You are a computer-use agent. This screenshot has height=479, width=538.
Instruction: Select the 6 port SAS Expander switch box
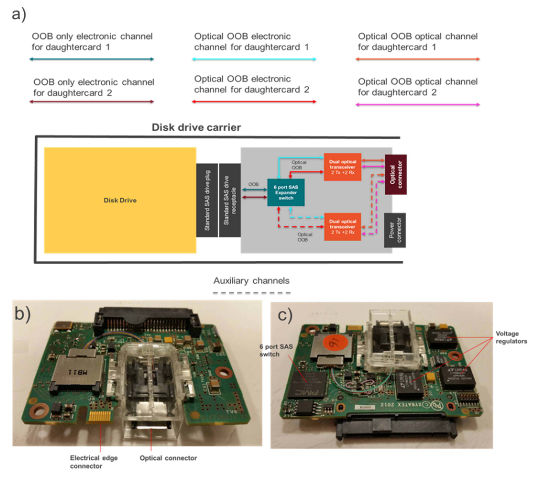pos(286,192)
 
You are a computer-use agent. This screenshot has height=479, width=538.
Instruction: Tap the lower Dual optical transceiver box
pos(342,227)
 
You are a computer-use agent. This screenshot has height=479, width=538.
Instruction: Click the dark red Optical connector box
pos(396,175)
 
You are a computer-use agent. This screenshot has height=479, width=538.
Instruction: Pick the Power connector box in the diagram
pos(395,230)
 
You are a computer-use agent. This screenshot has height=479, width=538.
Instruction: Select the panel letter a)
pos(19,14)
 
